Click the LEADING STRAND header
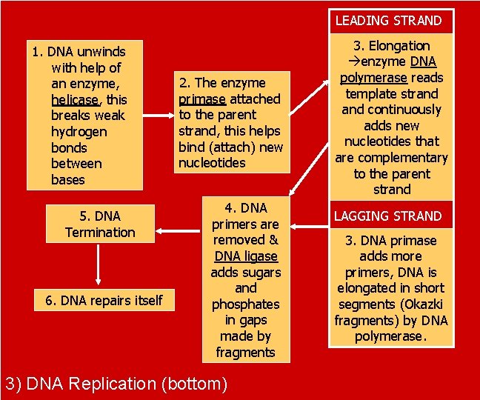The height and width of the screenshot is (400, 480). click(x=388, y=21)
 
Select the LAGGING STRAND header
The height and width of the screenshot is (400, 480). click(x=388, y=216)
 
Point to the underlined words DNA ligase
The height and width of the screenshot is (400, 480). click(x=245, y=256)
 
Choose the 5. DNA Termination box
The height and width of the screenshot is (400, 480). click(x=100, y=224)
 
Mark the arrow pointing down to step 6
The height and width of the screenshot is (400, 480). click(x=99, y=267)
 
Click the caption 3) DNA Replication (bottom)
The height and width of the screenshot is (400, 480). click(x=116, y=384)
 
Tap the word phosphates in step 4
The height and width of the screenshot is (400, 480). click(x=245, y=304)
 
